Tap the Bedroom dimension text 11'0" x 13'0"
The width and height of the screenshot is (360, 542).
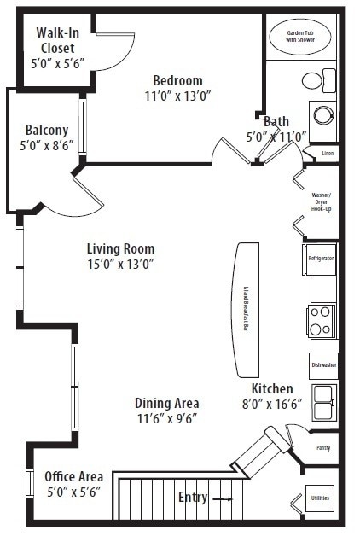[177, 96]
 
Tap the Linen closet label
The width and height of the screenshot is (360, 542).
[328, 154]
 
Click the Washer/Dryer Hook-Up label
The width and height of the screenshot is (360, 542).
[322, 201]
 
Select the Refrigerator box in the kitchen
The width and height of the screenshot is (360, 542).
[321, 258]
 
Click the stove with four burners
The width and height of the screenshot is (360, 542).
[321, 322]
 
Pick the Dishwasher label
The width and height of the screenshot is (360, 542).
[323, 365]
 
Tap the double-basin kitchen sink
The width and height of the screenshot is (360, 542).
[322, 403]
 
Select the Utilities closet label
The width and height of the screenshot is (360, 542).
[320, 498]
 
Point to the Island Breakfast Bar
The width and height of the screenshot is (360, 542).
[247, 308]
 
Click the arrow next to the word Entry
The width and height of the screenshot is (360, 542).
[221, 498]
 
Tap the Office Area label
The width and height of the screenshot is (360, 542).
[74, 476]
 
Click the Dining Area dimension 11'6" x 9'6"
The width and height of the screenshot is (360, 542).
[166, 418]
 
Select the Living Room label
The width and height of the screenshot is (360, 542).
[120, 248]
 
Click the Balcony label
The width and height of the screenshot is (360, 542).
[47, 130]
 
